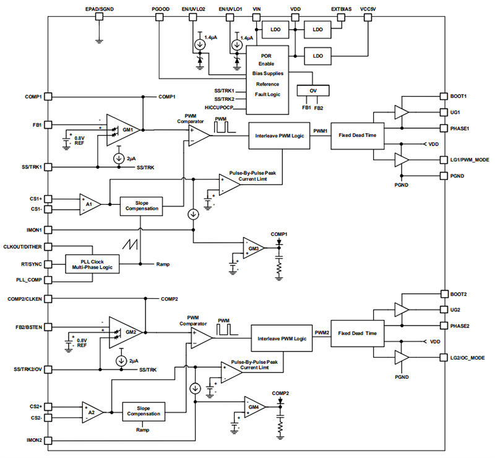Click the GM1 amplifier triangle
coord(124,130)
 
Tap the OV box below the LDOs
coord(312,90)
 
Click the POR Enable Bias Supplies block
coord(268,79)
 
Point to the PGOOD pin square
coord(159,18)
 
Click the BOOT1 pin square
coord(443,97)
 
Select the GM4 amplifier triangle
coord(254,407)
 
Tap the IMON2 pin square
coord(48,441)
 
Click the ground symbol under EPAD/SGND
coord(99,41)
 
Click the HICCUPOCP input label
coord(230,108)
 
